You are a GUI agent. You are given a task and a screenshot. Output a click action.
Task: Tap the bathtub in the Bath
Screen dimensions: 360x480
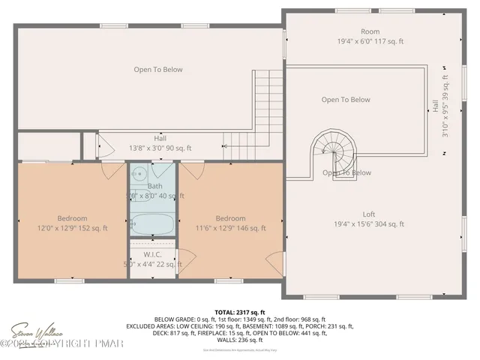point(153,223)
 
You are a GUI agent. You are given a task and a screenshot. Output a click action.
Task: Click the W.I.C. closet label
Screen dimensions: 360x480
point(152,254)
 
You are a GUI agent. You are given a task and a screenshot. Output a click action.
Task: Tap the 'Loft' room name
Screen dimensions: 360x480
point(370,213)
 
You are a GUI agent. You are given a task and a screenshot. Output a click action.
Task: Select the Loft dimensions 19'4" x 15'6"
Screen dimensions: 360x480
point(370,223)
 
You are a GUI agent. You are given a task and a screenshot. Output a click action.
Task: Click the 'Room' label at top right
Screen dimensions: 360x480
point(370,31)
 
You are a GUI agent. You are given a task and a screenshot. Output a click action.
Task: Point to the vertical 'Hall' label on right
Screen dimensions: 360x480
point(436,107)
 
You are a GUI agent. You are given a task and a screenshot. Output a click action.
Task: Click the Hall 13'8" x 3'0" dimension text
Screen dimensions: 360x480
point(160,148)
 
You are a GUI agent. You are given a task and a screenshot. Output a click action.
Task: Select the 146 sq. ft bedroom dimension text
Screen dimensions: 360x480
point(229,228)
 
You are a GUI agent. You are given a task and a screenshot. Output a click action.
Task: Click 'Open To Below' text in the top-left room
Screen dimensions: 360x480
point(158,70)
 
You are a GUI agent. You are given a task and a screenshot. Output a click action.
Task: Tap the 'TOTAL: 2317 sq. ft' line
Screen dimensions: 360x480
point(240,311)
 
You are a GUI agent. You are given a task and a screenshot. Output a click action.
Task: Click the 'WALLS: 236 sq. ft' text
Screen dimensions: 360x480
point(240,340)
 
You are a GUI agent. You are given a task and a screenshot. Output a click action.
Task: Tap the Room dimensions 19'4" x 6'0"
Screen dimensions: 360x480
point(370,42)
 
